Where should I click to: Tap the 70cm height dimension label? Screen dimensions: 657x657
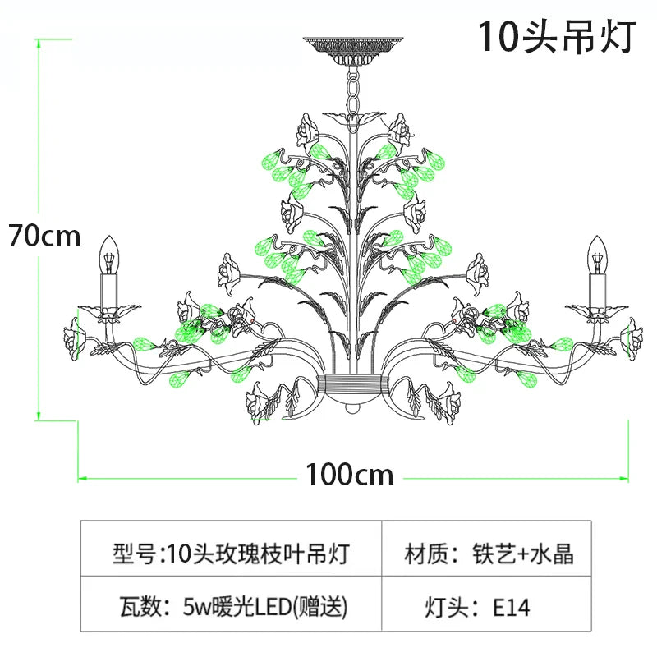[x=45, y=236]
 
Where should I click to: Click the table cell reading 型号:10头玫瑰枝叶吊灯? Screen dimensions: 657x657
[x=229, y=554]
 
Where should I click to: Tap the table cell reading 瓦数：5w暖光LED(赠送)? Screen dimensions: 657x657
[x=229, y=608]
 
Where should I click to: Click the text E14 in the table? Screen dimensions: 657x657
[x=512, y=608]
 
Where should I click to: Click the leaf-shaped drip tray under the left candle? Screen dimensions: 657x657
[x=110, y=311]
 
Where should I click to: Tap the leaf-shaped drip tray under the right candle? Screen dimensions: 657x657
[x=596, y=310]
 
